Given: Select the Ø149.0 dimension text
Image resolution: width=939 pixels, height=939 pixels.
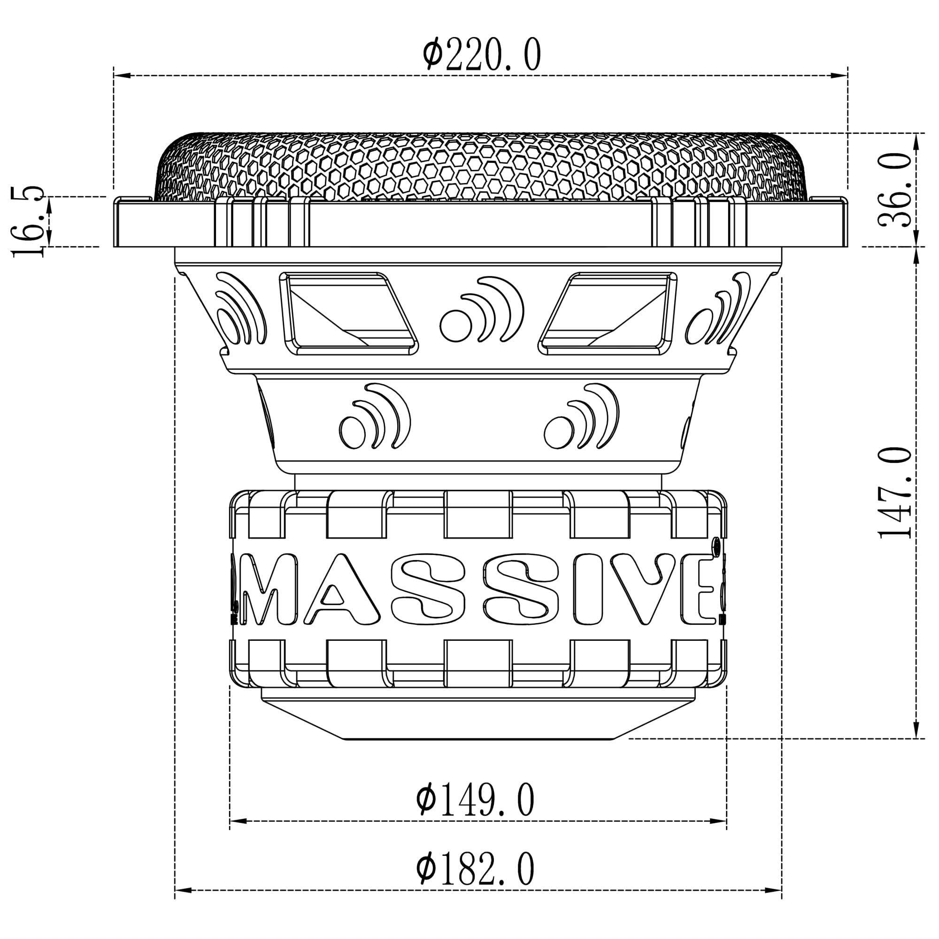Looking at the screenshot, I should (x=475, y=800).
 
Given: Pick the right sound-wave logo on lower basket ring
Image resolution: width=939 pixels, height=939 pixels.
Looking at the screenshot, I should (x=581, y=416).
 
